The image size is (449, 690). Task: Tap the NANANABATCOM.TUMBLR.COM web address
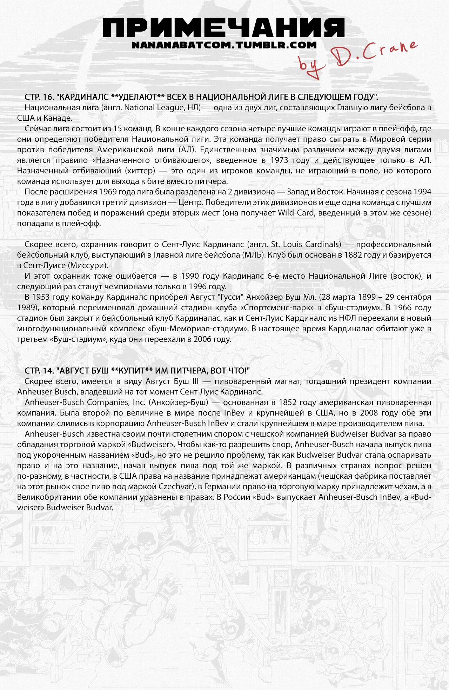(224, 45)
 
